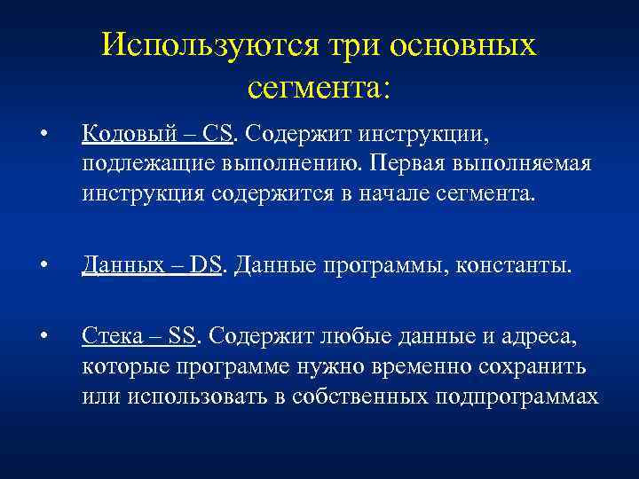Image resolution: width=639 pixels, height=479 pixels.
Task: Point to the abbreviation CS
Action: click(217, 134)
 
